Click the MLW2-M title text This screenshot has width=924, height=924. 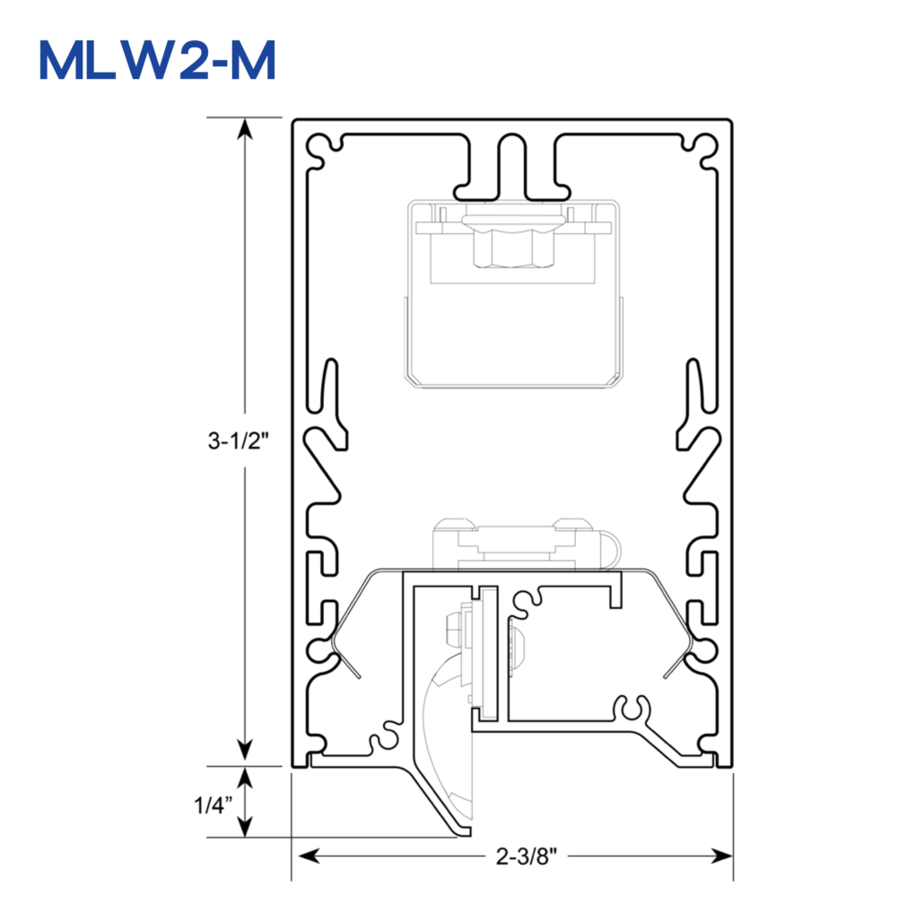(158, 60)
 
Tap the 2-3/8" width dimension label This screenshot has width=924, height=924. (527, 856)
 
